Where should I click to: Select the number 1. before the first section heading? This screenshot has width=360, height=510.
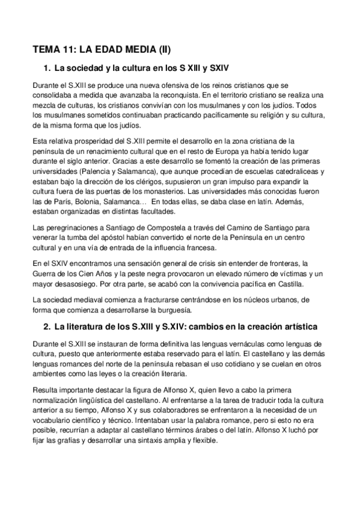[47, 67]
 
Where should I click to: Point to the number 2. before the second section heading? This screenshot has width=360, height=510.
[47, 326]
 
